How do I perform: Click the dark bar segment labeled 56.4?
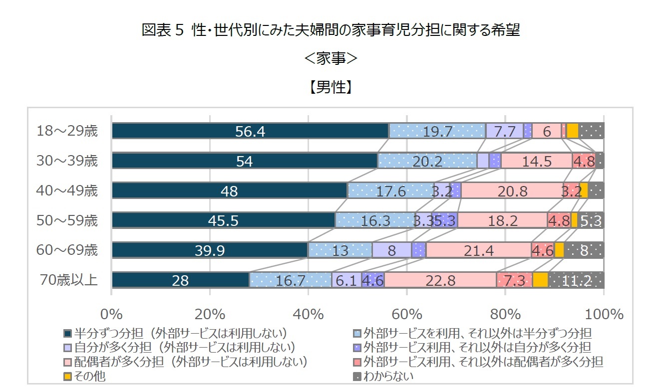click(x=250, y=131)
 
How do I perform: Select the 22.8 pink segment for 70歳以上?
click(x=440, y=280)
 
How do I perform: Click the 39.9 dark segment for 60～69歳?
click(x=210, y=250)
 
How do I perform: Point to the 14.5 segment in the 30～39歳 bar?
click(x=536, y=161)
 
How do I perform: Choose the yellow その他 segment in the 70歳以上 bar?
click(x=540, y=280)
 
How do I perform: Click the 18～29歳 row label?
click(x=67, y=131)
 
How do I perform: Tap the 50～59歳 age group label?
click(x=67, y=220)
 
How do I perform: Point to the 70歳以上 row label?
click(x=68, y=280)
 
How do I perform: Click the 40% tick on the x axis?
click(x=308, y=315)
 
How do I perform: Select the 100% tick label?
click(x=604, y=315)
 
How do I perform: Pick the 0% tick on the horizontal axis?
click(x=112, y=315)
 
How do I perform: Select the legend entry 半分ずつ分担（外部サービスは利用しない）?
click(x=180, y=333)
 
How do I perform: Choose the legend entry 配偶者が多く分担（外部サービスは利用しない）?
click(x=190, y=362)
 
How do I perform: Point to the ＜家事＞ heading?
click(x=331, y=59)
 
